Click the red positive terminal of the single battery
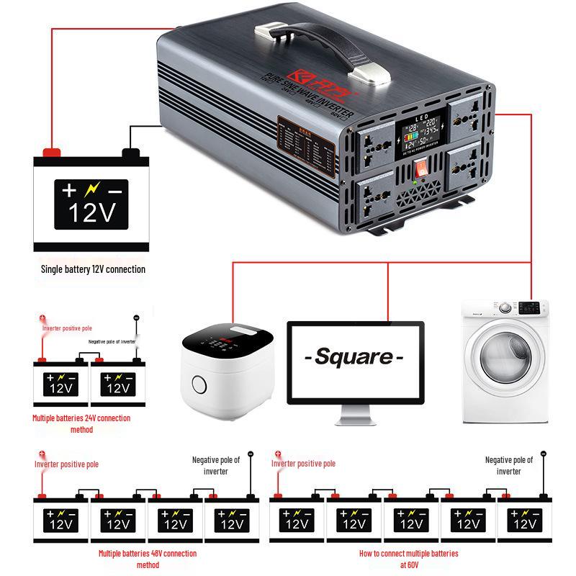[x=52, y=152]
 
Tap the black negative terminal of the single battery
[x=130, y=153]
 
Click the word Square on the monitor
[x=354, y=356]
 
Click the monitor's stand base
[x=355, y=419]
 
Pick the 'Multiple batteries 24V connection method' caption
[x=81, y=423]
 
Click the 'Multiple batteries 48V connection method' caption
[x=147, y=559]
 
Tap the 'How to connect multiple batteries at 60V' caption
[x=408, y=559]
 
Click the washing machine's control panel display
[x=530, y=307]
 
